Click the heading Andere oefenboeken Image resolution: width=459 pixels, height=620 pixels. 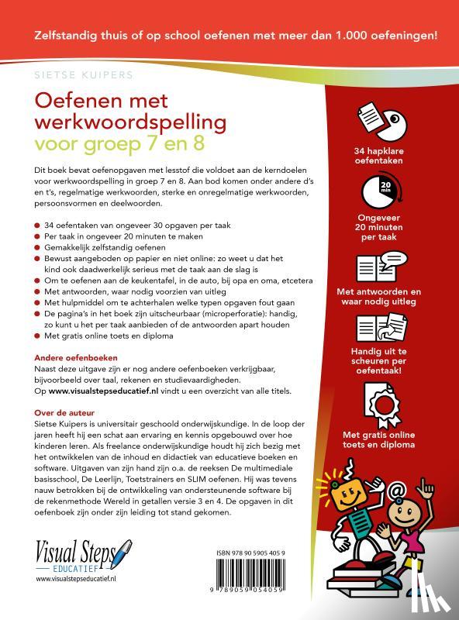click(x=75, y=359)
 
